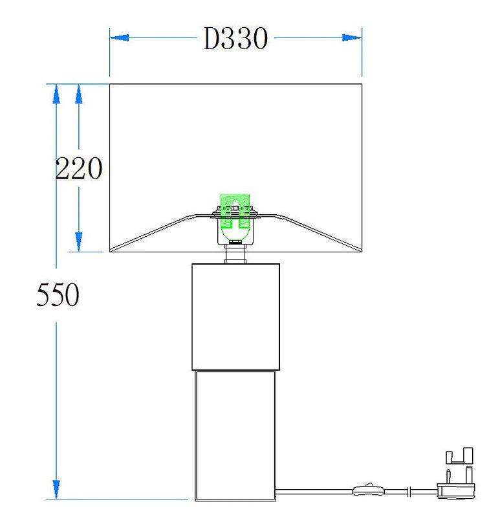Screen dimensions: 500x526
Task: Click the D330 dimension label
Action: click(x=235, y=38)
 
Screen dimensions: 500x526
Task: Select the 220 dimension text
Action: click(x=79, y=168)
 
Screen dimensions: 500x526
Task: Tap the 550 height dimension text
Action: click(x=58, y=294)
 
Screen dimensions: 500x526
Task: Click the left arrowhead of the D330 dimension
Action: click(x=120, y=38)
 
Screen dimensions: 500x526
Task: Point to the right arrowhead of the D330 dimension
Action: click(x=352, y=38)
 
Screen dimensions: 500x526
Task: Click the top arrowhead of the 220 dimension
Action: click(x=79, y=94)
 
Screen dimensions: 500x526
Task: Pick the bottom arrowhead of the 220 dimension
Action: click(x=79, y=242)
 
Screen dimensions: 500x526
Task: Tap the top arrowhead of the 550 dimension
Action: click(x=56, y=94)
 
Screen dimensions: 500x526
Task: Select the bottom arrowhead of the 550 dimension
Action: click(x=56, y=489)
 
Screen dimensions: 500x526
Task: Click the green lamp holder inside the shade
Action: click(x=235, y=215)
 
